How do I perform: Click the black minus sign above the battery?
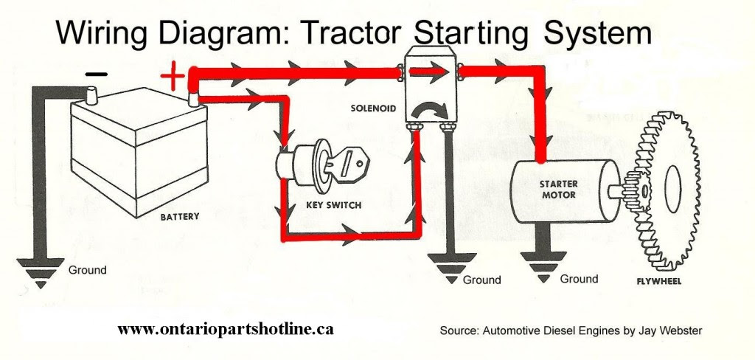point(97,74)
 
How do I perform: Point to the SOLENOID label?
point(374,108)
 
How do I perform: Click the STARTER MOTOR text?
point(558,190)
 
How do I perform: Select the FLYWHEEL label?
point(658,282)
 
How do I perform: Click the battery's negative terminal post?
point(93,94)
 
